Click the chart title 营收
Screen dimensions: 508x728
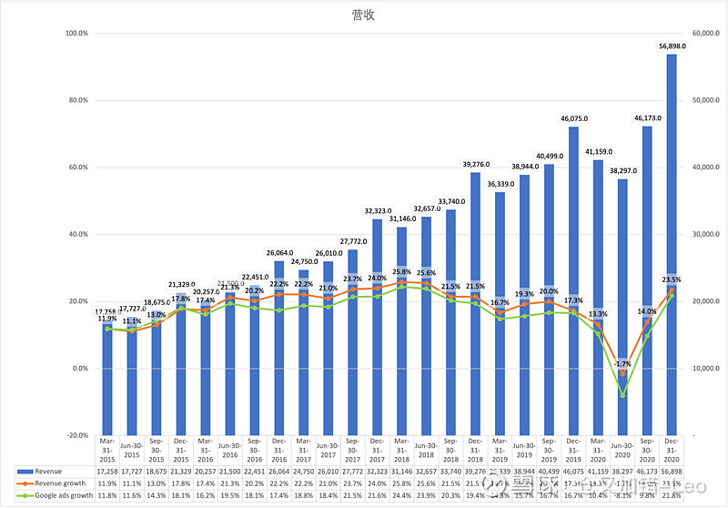tap(363, 15)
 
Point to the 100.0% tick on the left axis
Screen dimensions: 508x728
tap(76, 34)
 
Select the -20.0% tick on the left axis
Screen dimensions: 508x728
tap(76, 436)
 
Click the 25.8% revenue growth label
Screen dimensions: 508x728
tap(401, 271)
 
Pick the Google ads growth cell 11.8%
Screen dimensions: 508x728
tap(108, 494)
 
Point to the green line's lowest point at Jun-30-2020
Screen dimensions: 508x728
tap(622, 395)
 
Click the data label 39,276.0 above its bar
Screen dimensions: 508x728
tap(475, 165)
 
